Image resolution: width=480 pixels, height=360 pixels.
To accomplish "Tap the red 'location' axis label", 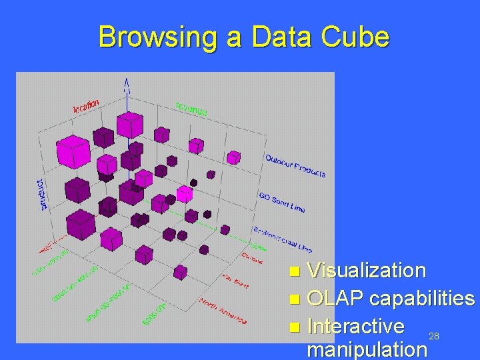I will click(86, 105).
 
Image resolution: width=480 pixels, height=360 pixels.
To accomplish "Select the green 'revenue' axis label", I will click(191, 108).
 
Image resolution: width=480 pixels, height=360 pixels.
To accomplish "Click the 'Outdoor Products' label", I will click(295, 165).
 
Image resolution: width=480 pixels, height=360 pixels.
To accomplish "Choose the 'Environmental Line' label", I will click(283, 239).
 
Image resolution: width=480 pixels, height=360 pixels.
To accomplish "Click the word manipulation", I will click(366, 349).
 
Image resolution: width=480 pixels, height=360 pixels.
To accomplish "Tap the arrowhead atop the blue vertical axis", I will click(126, 83).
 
